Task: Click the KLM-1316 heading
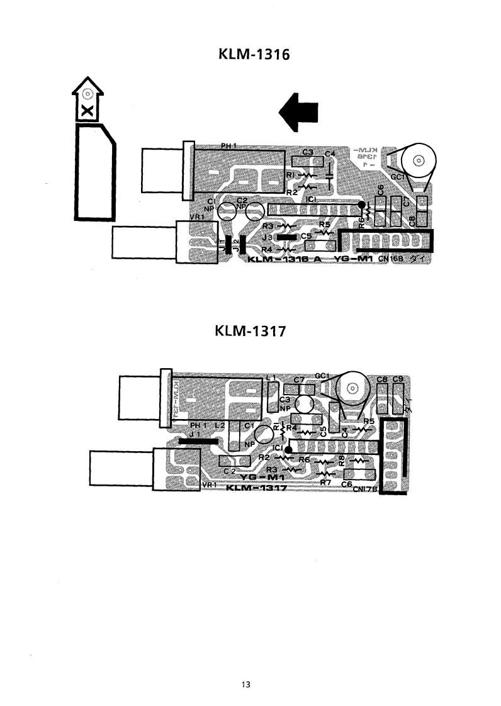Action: (250, 55)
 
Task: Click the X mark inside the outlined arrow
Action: (87, 111)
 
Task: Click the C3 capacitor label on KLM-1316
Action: (308, 152)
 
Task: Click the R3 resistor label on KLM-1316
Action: (268, 225)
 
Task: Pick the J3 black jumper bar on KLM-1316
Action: (289, 237)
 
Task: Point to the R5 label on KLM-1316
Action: (324, 224)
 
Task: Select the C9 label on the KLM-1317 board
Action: (397, 379)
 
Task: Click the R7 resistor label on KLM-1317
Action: (325, 482)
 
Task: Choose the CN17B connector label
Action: (366, 490)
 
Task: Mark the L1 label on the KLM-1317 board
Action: (271, 378)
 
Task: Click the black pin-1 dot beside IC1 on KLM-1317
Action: (288, 450)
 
